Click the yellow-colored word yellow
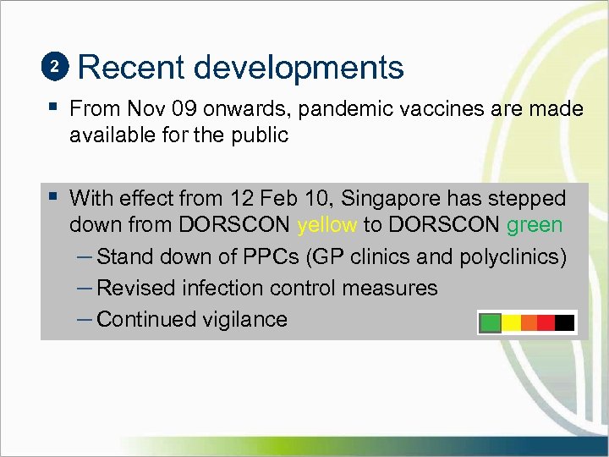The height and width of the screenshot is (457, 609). (x=327, y=225)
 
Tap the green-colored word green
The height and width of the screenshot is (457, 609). (x=535, y=225)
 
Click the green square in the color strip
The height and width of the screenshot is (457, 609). (x=491, y=322)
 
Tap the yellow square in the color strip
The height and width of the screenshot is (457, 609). (x=509, y=322)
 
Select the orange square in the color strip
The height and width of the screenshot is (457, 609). (x=528, y=322)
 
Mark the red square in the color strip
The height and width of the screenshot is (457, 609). (x=546, y=322)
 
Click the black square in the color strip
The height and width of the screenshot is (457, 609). (x=565, y=322)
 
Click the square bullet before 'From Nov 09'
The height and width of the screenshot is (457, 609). (x=54, y=108)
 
